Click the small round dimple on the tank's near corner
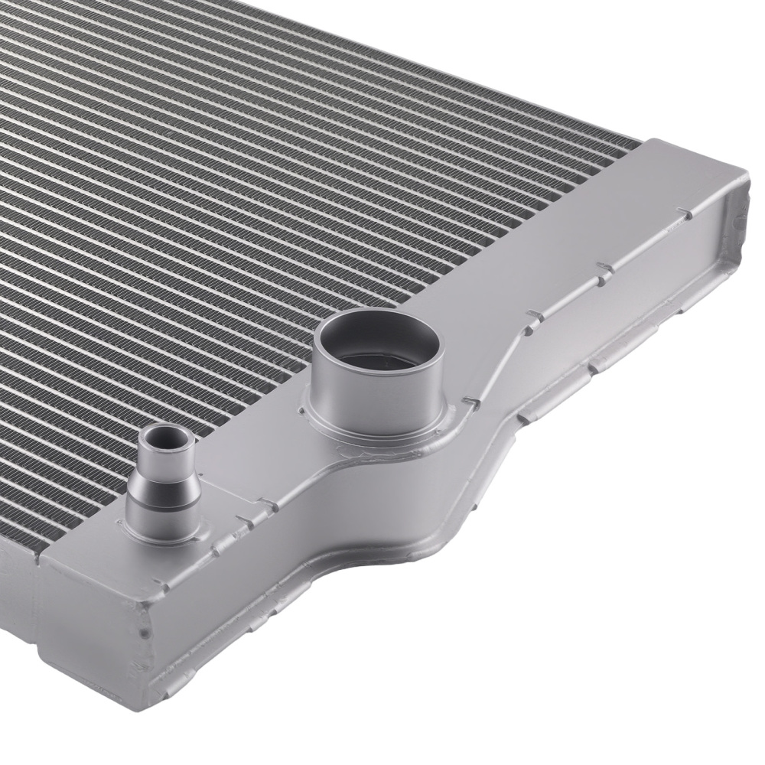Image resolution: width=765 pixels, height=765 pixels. pos(144,633)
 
